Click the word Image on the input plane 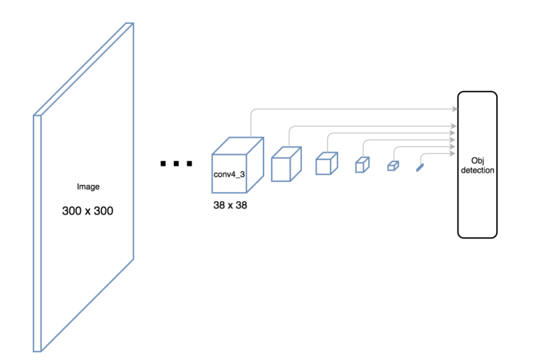pos(88,187)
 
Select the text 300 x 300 pos(88,210)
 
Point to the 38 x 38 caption pos(231,206)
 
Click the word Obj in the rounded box pos(478,160)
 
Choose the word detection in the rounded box pos(478,171)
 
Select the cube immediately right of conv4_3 pos(285,165)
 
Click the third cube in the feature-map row pos(326,164)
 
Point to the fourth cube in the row pos(361,165)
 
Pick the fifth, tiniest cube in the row pos(393,166)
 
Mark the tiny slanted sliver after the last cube pos(419,167)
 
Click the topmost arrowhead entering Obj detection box pos(454,109)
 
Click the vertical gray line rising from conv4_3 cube pos(251,122)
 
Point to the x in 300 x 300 pos(88,210)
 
